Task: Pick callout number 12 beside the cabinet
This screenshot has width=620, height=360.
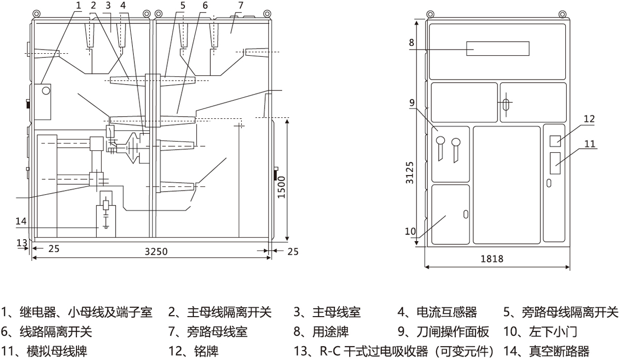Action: coord(589,119)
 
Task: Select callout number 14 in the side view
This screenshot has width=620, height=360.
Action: coord(21,221)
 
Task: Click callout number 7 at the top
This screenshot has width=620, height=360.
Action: coord(240,5)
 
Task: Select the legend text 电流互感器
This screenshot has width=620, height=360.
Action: coord(446,312)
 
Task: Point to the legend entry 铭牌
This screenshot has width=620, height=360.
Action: coord(200,352)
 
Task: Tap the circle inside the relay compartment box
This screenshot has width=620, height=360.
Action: coord(46,91)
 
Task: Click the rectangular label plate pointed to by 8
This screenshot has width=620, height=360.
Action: coord(498,49)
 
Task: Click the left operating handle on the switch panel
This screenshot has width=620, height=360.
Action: coord(440,141)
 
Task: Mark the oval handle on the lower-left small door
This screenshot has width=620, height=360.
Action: coord(466,214)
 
